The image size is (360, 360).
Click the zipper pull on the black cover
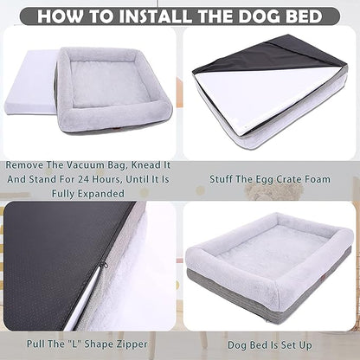(x=101, y=263)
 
